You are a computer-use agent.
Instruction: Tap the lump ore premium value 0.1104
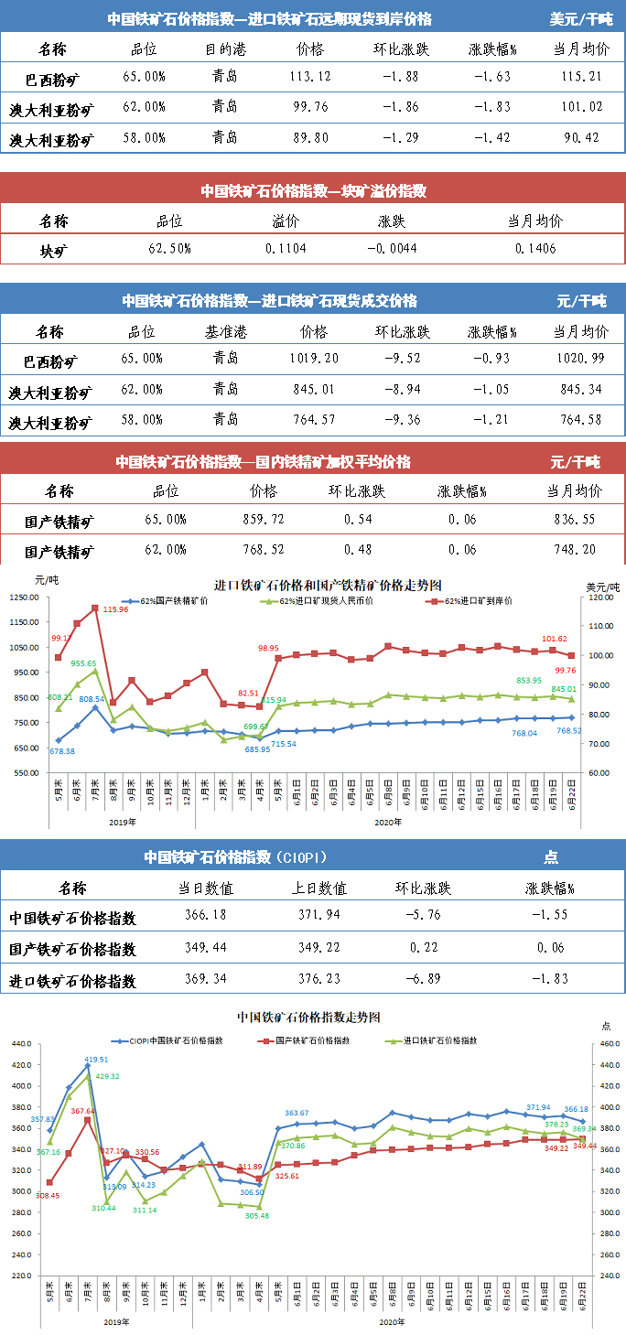tap(286, 248)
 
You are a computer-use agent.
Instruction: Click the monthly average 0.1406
tap(534, 248)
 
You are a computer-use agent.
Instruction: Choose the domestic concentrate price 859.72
tap(263, 519)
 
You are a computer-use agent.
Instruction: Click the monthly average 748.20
tap(575, 550)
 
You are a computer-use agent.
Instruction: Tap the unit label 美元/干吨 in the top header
tap(581, 18)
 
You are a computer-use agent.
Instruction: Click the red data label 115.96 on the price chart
tap(115, 609)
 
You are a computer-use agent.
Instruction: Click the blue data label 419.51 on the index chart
tap(97, 1059)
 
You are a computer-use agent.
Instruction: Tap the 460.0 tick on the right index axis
tap(599, 1044)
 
